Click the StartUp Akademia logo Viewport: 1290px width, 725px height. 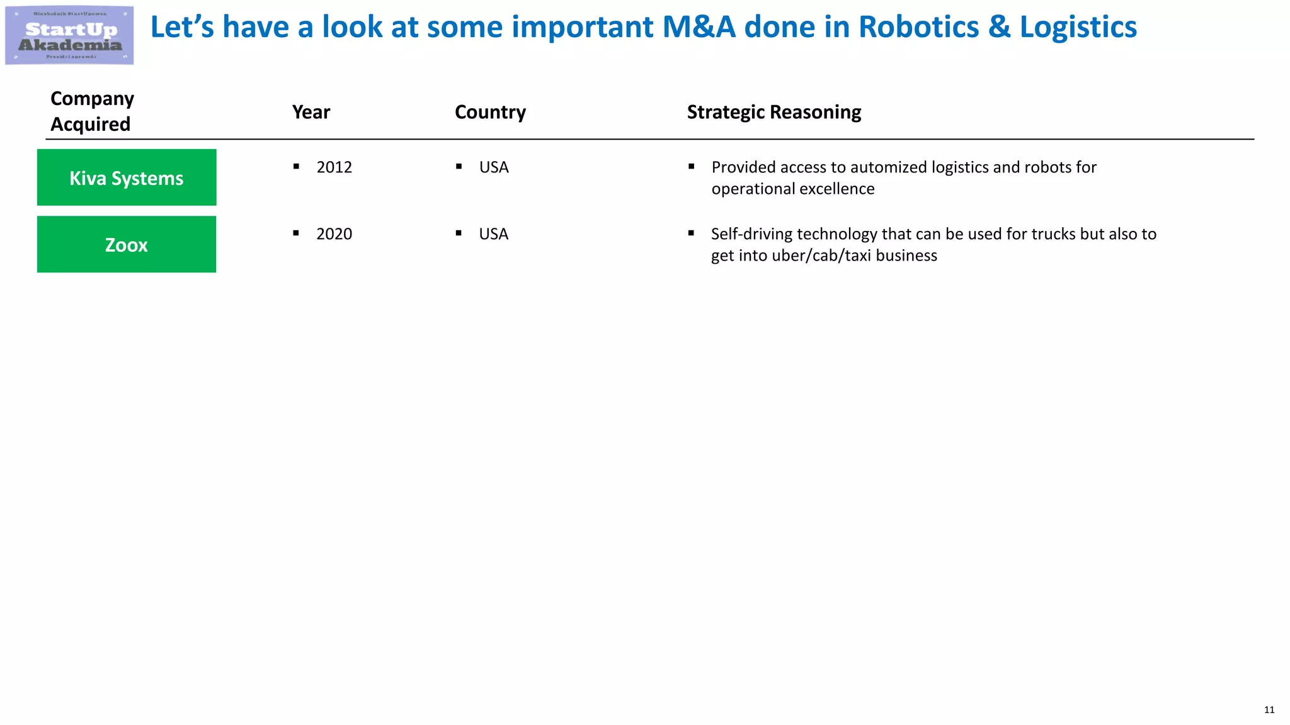69,35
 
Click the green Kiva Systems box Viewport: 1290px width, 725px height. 127,177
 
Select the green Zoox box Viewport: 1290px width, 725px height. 127,244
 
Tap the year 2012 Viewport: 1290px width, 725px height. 334,167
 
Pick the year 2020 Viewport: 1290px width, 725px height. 334,234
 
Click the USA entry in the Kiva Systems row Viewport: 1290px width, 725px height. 493,167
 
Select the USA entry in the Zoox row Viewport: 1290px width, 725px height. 493,234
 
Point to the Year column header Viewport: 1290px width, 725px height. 311,112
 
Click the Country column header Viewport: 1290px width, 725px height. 490,112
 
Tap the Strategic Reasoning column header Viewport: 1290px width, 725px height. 773,112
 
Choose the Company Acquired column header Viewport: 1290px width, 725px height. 92,111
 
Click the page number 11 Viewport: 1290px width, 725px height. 1269,710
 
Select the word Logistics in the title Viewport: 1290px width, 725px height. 1078,27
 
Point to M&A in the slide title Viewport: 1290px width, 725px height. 699,27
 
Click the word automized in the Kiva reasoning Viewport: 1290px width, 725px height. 888,167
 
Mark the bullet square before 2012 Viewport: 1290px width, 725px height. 296,167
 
